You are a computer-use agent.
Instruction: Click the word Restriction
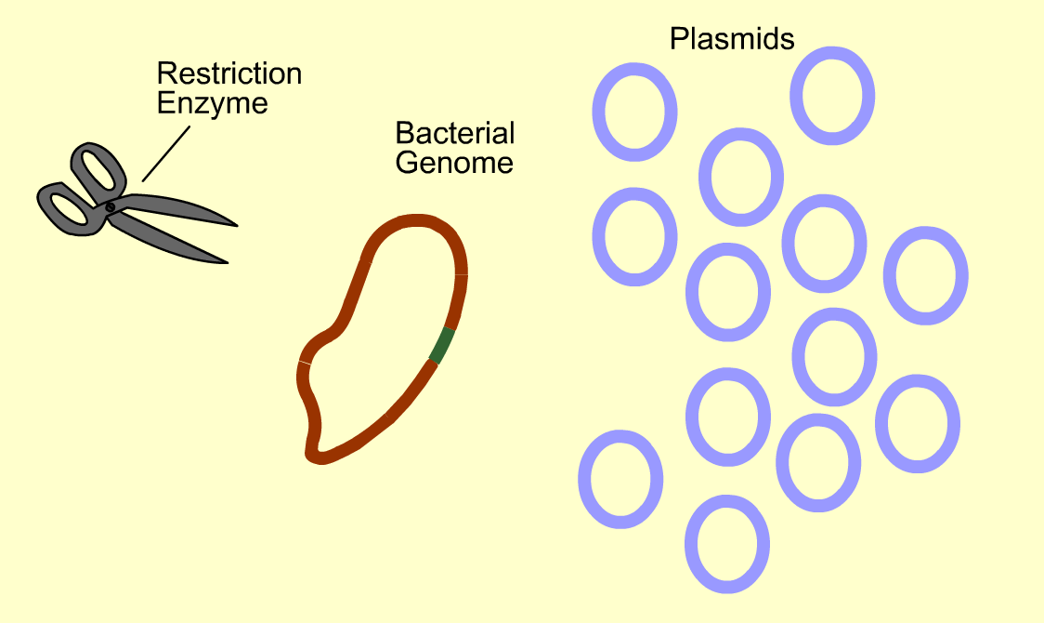pos(228,74)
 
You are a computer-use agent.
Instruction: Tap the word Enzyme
pos(212,103)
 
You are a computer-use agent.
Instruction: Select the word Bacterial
pos(454,134)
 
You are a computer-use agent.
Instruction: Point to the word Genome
pos(454,164)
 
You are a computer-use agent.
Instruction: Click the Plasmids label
pos(732,40)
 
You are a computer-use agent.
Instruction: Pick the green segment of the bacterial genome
pos(443,345)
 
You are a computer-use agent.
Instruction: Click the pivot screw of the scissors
pos(111,206)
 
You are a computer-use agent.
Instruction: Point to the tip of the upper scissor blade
pos(238,225)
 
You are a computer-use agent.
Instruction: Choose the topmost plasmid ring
pos(831,96)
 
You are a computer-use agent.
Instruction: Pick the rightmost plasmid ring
pos(925,276)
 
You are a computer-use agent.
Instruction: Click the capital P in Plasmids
pos(678,40)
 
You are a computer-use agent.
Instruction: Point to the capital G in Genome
pos(406,164)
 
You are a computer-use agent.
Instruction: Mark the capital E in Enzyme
pos(164,103)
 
